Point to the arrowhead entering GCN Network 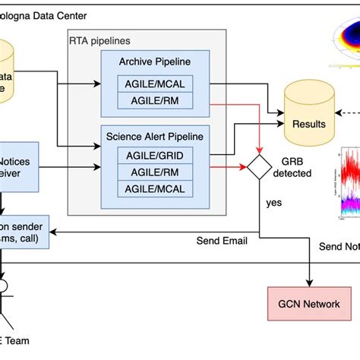click(x=310, y=284)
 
